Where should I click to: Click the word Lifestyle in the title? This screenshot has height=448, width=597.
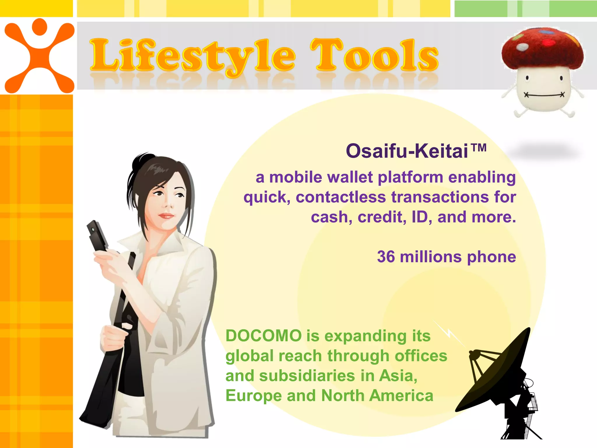[x=192, y=55]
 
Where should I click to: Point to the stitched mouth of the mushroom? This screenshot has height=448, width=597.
[x=544, y=95]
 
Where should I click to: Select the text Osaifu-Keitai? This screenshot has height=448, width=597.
[x=407, y=151]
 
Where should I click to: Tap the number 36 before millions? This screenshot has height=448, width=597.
[x=386, y=257]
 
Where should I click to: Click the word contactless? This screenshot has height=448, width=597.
[x=341, y=197]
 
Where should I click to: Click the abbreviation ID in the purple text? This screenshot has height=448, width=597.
[x=419, y=217]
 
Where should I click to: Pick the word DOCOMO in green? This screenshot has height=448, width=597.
[x=264, y=336]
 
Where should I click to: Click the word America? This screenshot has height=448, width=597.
[x=401, y=396]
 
